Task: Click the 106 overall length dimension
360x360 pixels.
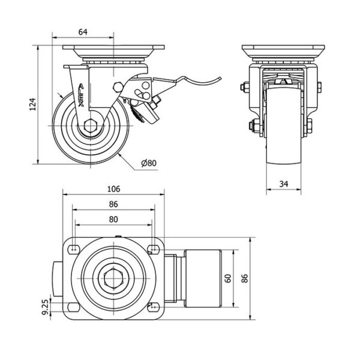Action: pyautogui.click(x=113, y=188)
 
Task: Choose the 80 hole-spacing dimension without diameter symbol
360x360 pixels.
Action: pyautogui.click(x=113, y=219)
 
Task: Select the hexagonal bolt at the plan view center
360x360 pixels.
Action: pyautogui.click(x=113, y=278)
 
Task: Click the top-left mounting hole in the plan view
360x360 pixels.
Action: pyautogui.click(x=73, y=248)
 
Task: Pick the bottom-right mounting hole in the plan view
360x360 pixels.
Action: pyautogui.click(x=152, y=307)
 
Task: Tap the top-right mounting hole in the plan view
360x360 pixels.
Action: pyautogui.click(x=152, y=248)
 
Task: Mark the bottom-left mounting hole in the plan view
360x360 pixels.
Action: pyautogui.click(x=73, y=307)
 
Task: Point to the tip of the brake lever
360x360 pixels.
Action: pyautogui.click(x=220, y=77)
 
